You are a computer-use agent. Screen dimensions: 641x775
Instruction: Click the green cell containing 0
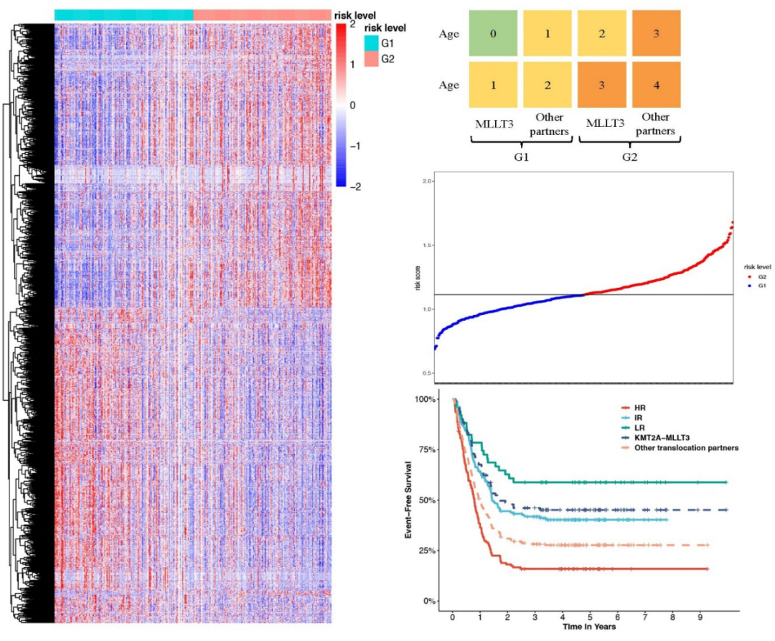493,33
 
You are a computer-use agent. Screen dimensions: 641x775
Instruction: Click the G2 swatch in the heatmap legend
371,59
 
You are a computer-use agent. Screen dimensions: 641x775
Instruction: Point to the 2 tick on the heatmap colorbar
352,24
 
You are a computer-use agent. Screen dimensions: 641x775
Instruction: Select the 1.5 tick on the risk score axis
429,245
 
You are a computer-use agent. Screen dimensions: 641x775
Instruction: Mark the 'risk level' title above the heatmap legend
385,28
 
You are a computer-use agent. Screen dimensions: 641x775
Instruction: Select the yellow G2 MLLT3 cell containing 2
602,33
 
